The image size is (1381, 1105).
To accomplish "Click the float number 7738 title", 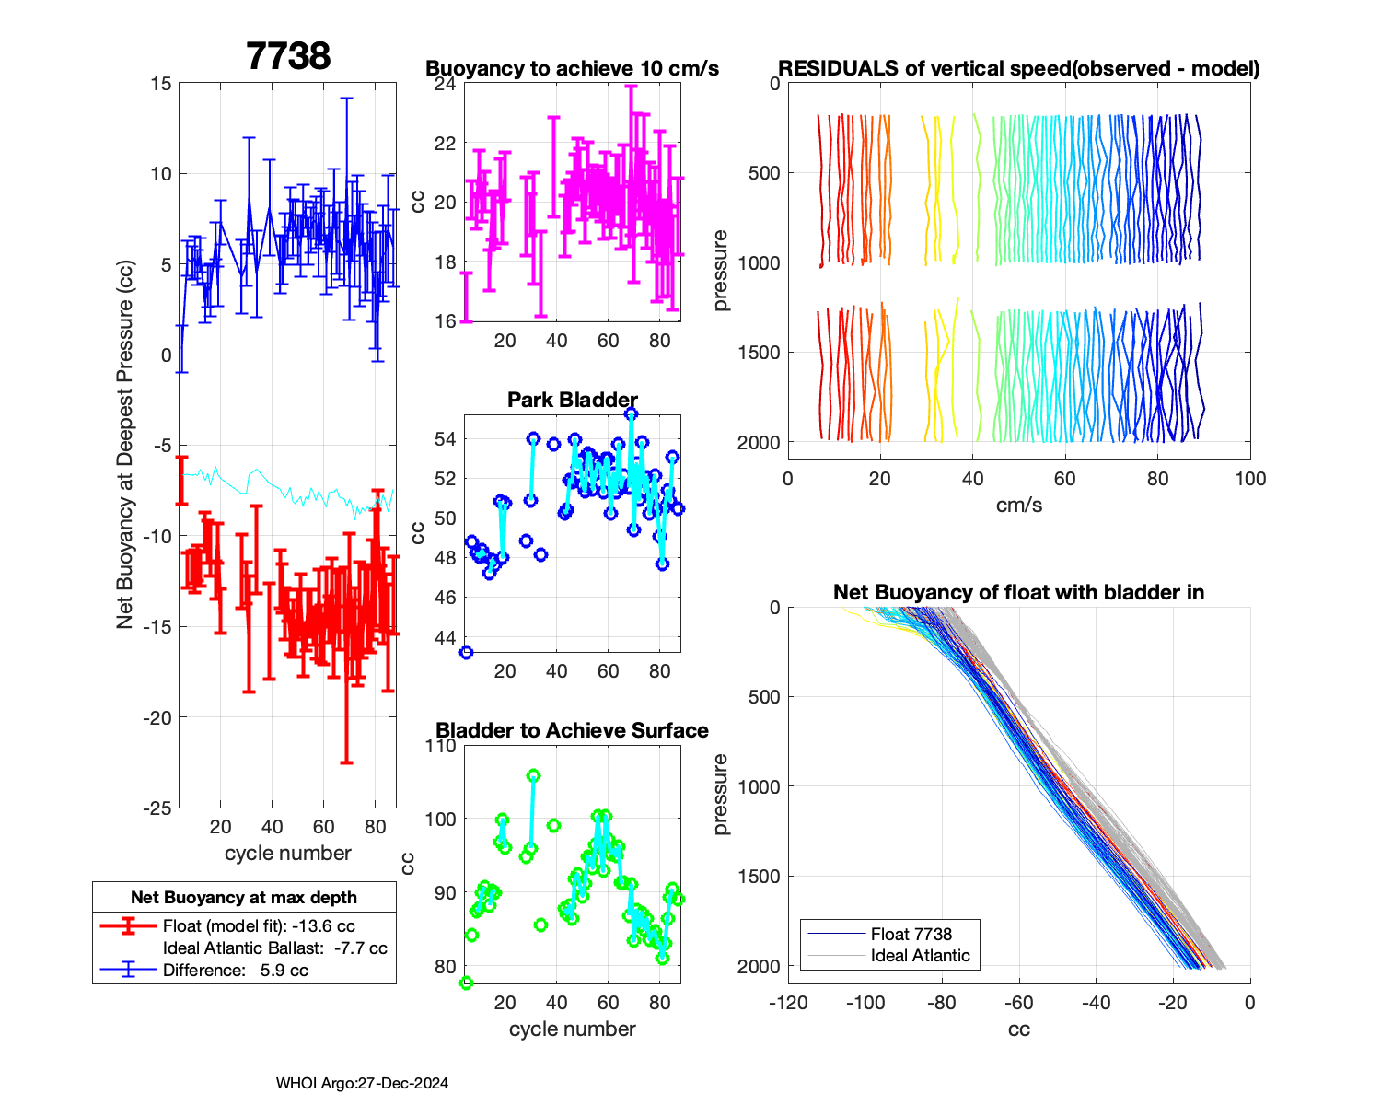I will pyautogui.click(x=288, y=56).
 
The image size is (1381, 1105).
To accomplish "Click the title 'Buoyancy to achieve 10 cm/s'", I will pyautogui.click(x=572, y=68).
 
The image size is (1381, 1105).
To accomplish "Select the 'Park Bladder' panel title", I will pyautogui.click(x=572, y=400).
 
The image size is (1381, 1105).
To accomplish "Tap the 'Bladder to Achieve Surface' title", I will pyautogui.click(x=572, y=730).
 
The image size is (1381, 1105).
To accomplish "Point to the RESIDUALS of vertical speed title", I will pyautogui.click(x=1018, y=68).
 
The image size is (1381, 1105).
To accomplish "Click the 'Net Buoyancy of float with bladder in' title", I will pyautogui.click(x=1018, y=592).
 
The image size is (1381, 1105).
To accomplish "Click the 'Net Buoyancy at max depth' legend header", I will pyautogui.click(x=244, y=898).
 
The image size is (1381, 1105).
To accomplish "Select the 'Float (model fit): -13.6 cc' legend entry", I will pyautogui.click(x=259, y=925).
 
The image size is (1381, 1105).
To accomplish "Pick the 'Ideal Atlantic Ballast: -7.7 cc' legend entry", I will pyautogui.click(x=274, y=948).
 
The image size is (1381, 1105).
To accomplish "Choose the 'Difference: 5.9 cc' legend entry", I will pyautogui.click(x=235, y=970).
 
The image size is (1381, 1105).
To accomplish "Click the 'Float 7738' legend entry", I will pyautogui.click(x=911, y=934).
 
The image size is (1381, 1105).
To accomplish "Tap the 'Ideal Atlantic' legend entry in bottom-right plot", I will pyautogui.click(x=920, y=956).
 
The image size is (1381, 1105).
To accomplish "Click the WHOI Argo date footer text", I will pyautogui.click(x=362, y=1083).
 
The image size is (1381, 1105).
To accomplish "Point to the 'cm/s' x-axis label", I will pyautogui.click(x=1018, y=505).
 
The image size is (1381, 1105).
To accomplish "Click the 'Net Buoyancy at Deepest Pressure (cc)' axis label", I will pyautogui.click(x=125, y=446).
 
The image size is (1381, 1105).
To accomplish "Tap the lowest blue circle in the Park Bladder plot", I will pyautogui.click(x=466, y=652).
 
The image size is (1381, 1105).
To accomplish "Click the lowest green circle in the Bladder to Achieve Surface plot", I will pyautogui.click(x=466, y=983).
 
